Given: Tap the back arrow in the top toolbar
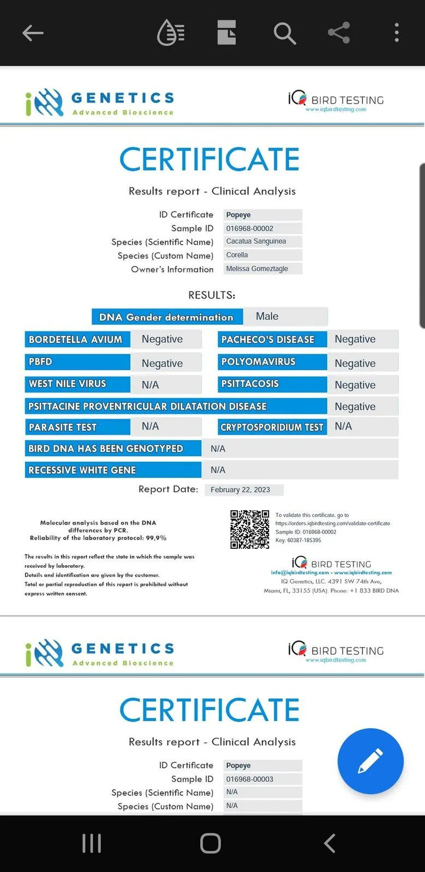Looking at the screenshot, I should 33,33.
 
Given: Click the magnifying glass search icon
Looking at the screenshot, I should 284,33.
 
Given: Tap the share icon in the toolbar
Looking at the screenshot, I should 339,33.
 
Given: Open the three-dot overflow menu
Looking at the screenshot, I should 397,33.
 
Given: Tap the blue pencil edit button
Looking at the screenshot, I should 370,761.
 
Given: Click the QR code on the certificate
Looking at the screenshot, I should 249,529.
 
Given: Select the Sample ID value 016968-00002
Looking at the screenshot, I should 250,228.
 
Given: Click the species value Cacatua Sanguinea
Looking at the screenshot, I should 256,241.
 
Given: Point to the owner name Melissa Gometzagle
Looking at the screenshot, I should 257,269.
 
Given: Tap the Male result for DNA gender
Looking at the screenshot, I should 267,317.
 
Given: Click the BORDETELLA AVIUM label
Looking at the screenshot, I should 76,340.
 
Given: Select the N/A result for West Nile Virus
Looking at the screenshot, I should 151,385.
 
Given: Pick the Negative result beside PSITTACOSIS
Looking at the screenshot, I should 355,385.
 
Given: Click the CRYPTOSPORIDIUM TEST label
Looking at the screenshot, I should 272,427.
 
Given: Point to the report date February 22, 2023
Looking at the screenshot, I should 240,489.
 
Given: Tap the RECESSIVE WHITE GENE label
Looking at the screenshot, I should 82,470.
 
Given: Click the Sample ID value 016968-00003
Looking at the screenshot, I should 250,779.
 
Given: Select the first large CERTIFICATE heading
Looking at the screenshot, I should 209,159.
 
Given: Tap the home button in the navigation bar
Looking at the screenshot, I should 210,843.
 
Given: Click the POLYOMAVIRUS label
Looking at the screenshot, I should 259,362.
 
